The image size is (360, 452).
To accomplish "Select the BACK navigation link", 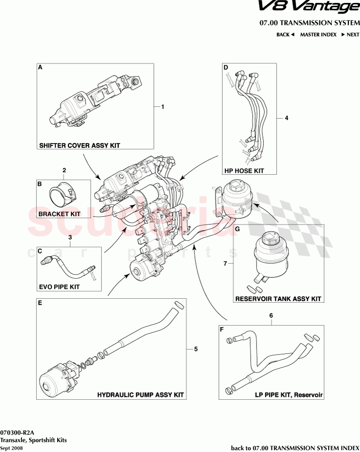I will [x=285, y=35].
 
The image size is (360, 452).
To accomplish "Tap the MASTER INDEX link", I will [x=318, y=35].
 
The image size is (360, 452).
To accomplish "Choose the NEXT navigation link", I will [x=350, y=35].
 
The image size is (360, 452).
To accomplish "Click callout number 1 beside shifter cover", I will [x=163, y=106].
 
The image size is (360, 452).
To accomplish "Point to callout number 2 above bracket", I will [x=64, y=170].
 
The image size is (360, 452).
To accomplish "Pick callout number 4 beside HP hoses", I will [x=287, y=118].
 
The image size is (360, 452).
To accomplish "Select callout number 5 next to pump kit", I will [x=195, y=349].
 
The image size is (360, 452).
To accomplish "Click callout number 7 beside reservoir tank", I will [x=226, y=264].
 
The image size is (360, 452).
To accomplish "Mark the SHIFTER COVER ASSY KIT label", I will [x=80, y=145].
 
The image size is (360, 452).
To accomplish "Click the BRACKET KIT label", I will [x=60, y=214].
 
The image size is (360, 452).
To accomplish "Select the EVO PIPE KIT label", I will [x=59, y=287].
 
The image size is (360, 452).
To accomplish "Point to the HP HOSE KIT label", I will [x=244, y=171].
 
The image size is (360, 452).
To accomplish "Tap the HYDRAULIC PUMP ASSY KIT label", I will [x=141, y=394].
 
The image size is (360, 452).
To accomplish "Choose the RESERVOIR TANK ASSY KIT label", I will [x=278, y=298].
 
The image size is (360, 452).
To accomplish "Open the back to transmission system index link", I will [x=295, y=448].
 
